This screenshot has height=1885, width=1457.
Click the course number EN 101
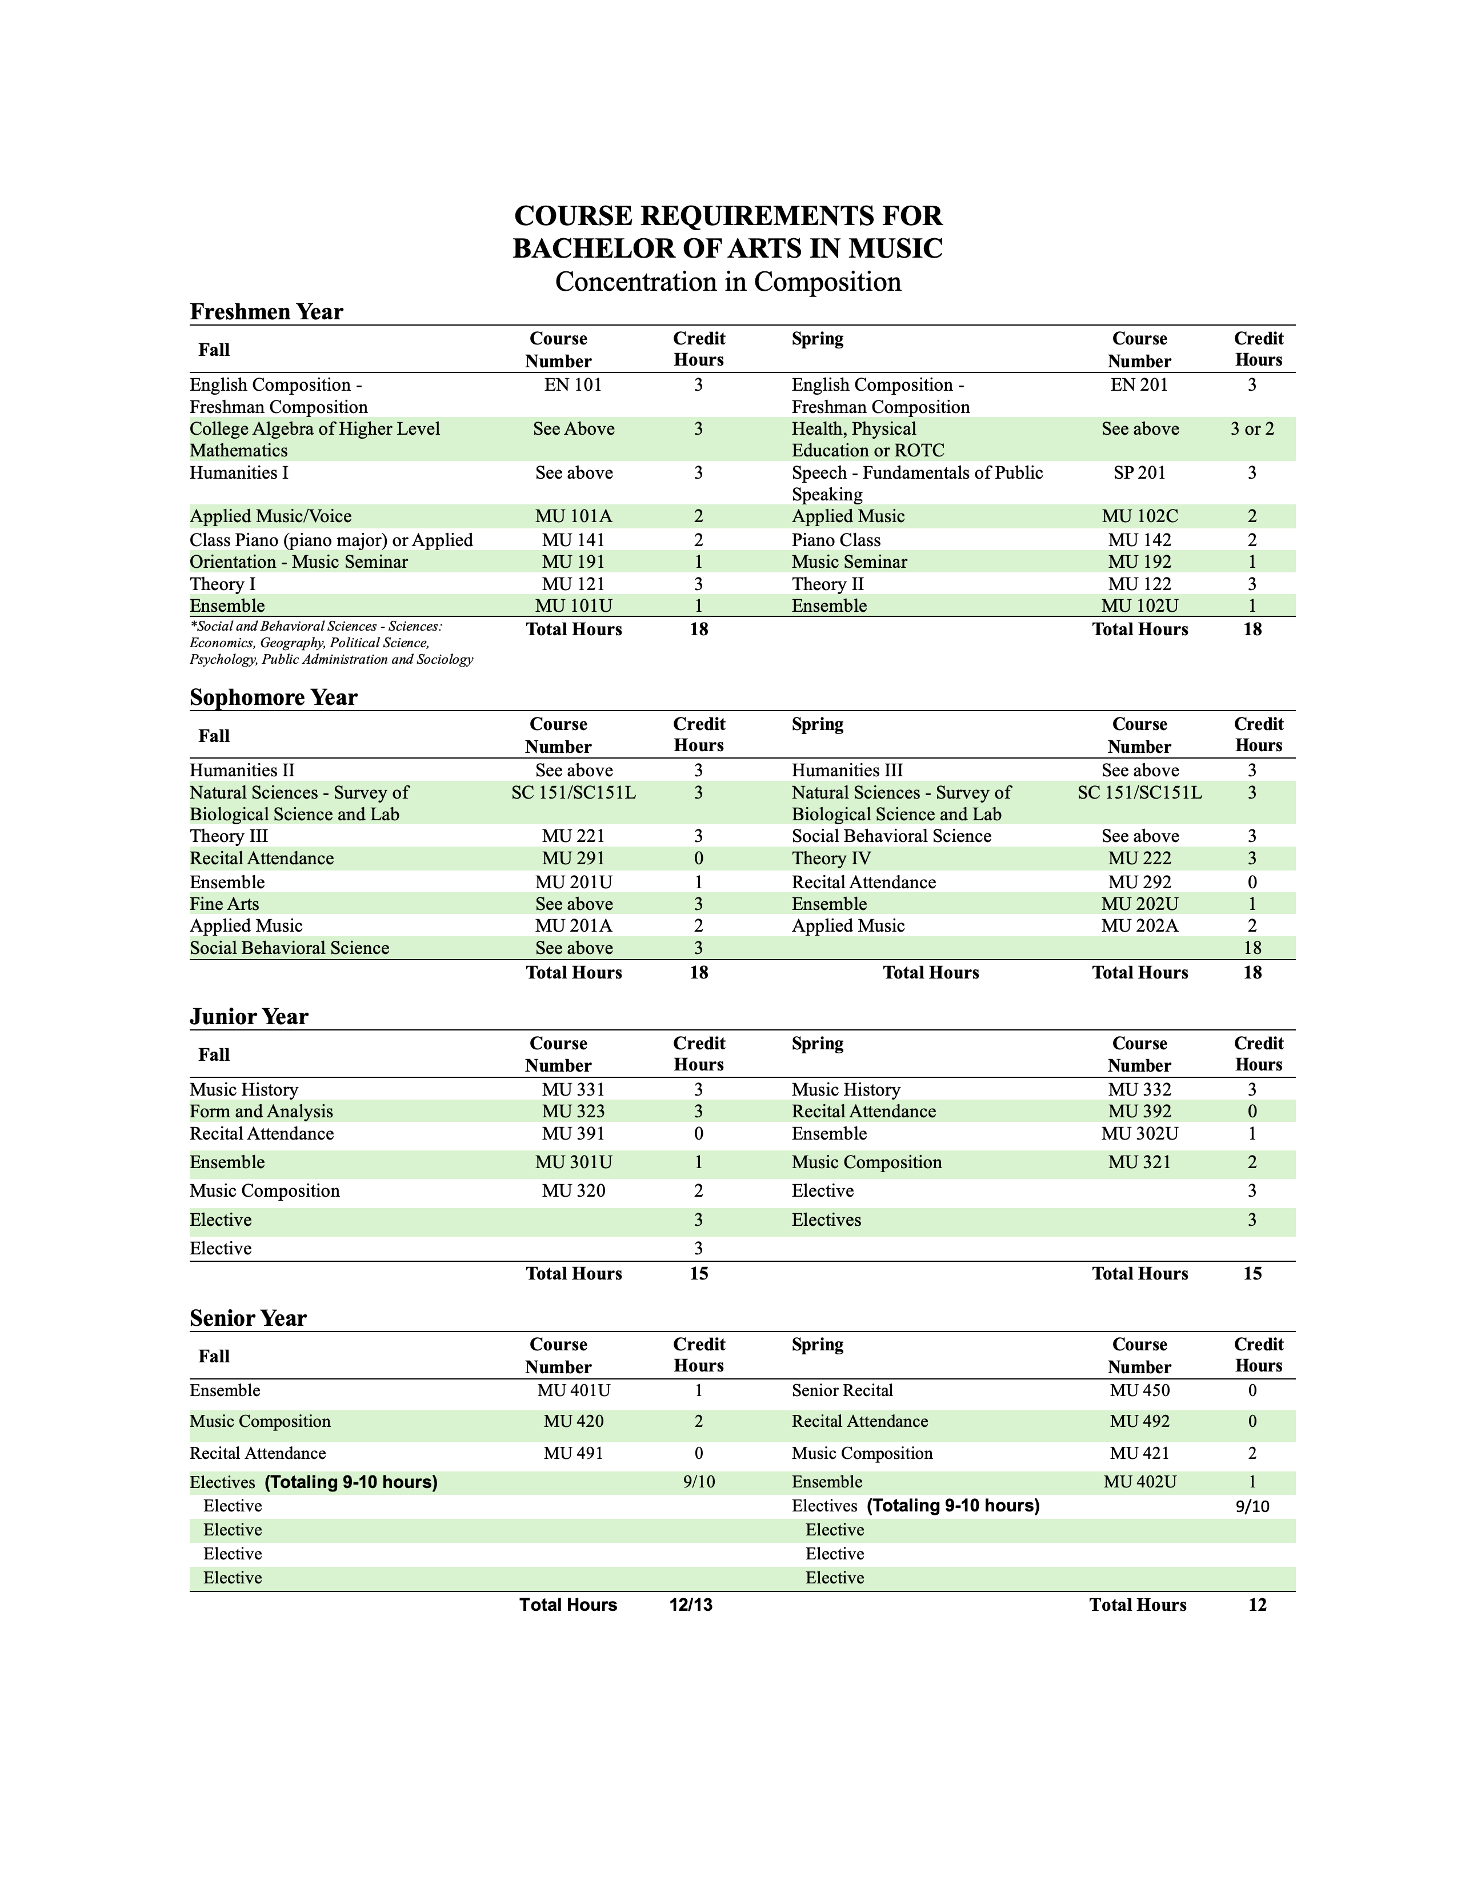point(573,385)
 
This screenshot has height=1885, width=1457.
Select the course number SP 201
point(1139,473)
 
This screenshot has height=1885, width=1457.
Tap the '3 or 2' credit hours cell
point(1251,429)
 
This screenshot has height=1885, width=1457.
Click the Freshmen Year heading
point(266,311)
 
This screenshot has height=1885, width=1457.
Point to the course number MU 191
point(573,562)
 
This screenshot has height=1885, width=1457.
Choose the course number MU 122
point(1139,584)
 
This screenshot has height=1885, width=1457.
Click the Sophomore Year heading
point(273,697)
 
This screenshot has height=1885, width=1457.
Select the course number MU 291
point(573,859)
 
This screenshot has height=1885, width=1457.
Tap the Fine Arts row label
point(225,904)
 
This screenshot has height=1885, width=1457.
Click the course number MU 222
point(1139,859)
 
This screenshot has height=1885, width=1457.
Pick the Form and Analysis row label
point(261,1112)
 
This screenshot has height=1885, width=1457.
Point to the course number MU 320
point(573,1191)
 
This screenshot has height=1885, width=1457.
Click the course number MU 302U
point(1139,1134)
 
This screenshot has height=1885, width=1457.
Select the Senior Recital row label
point(842,1390)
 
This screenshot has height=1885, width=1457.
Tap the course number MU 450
point(1139,1390)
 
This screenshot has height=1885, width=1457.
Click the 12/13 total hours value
point(691,1605)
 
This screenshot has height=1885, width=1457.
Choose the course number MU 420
point(573,1422)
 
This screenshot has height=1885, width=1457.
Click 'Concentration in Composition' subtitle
point(727,282)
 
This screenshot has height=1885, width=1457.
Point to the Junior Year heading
point(249,1017)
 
